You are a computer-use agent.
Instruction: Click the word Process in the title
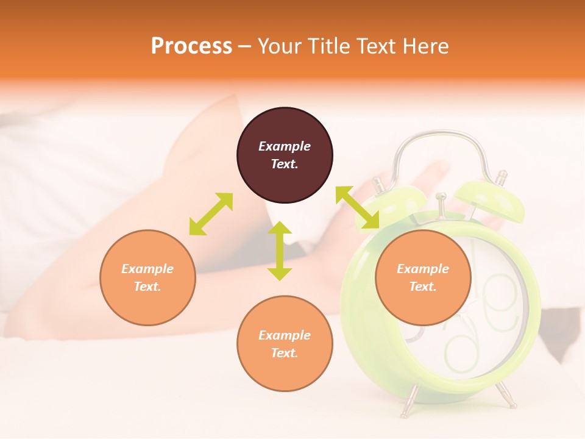click(x=191, y=46)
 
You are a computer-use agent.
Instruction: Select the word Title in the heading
click(x=331, y=46)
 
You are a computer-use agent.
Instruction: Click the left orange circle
click(x=147, y=277)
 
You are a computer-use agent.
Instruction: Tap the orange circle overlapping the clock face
click(x=423, y=277)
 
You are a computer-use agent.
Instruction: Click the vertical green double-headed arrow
click(x=280, y=251)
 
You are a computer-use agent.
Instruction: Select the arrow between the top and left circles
click(x=211, y=214)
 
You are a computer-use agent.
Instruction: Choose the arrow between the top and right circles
click(x=357, y=208)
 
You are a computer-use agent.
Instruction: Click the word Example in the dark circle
click(x=285, y=146)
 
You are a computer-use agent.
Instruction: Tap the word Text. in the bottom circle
click(x=285, y=353)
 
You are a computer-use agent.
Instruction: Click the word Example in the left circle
click(x=147, y=269)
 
